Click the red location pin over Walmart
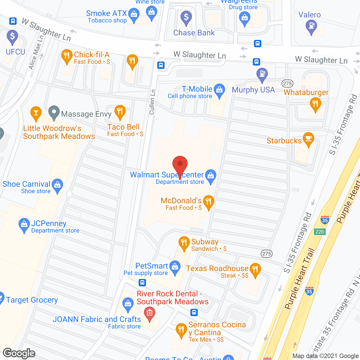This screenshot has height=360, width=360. click(x=180, y=164)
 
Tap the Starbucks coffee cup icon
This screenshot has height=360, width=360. click(x=309, y=139)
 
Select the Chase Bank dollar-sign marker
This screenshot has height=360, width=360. click(x=186, y=17)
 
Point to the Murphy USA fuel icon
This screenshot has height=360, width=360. click(x=262, y=74)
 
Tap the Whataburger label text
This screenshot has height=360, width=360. click(x=306, y=92)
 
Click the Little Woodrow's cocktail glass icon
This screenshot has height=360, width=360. click(x=36, y=113)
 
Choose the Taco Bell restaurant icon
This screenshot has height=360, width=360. click(x=120, y=112)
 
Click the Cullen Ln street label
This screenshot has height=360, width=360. click(x=152, y=102)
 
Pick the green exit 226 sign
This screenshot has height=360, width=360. click(x=319, y=231)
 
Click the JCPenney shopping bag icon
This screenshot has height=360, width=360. click(x=24, y=225)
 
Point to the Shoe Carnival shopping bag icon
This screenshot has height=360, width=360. click(x=57, y=185)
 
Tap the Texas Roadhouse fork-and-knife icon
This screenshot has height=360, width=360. click(x=255, y=269)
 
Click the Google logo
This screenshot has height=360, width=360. click(x=19, y=353)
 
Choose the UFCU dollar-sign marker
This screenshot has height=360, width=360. click(x=12, y=37)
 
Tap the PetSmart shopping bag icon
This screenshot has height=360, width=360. click(x=175, y=267)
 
